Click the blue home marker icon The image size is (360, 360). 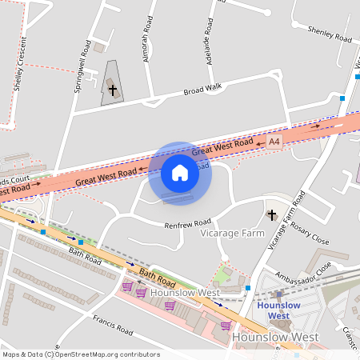[x=180, y=173]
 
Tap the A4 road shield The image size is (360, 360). [x=274, y=142]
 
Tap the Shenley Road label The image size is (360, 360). [x=330, y=33]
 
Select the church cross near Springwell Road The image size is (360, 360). [x=113, y=90]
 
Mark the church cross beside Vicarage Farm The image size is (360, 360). [x=271, y=214]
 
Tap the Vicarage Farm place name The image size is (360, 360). [x=232, y=233]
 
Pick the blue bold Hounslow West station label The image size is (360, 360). [x=278, y=310]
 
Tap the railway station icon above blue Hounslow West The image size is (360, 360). [x=278, y=294]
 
